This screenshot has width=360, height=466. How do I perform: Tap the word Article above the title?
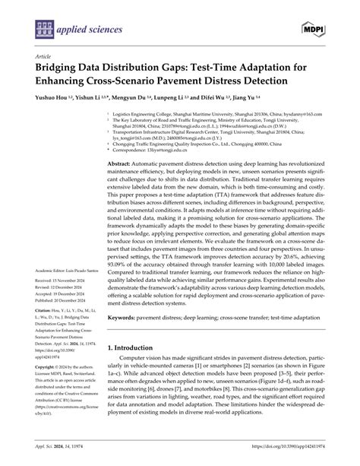(34, 55)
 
